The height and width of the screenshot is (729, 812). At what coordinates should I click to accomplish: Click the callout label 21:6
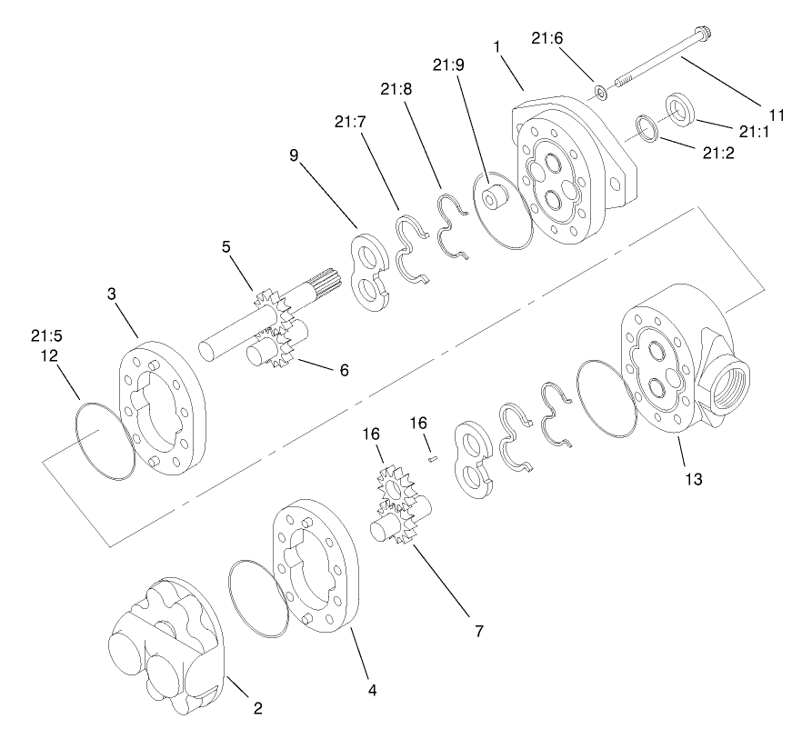pyautogui.click(x=546, y=37)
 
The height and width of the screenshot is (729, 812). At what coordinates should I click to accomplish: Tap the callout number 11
pyautogui.click(x=776, y=115)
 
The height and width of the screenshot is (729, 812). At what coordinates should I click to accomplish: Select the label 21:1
pyautogui.click(x=755, y=133)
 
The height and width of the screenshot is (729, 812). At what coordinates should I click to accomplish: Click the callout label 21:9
pyautogui.click(x=448, y=65)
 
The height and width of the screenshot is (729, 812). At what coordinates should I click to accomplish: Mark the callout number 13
pyautogui.click(x=693, y=477)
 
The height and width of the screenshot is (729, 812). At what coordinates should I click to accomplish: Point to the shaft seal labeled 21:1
pyautogui.click(x=681, y=107)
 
